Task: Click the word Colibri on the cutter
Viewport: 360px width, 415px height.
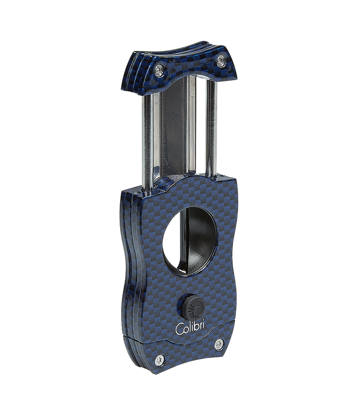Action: point(189,328)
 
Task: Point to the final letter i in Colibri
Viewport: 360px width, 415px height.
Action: point(202,327)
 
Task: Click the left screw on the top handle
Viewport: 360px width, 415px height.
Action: point(160,70)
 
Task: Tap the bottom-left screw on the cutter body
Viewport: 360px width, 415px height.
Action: point(159,360)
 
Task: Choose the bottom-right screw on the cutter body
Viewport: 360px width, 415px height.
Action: point(219,344)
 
